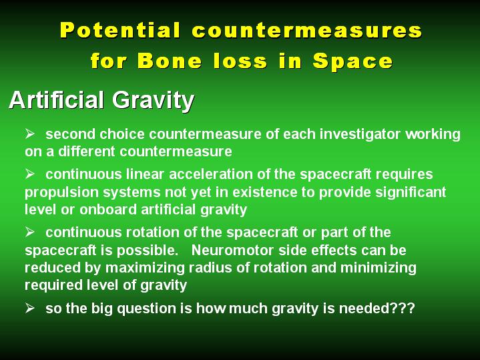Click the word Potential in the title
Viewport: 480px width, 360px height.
pos(120,30)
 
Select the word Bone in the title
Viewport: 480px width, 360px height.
pos(170,60)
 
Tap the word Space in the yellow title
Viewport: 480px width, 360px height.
pos(352,61)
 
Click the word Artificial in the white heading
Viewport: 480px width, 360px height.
pos(56,100)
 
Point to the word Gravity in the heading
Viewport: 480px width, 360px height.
pos(153,101)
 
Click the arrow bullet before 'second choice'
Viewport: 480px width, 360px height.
pos(29,134)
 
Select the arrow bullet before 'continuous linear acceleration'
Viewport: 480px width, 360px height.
pos(29,174)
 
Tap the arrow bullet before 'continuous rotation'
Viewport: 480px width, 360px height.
pos(29,232)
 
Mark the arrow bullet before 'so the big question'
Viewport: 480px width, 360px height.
pos(29,308)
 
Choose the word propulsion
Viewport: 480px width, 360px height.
pos(61,193)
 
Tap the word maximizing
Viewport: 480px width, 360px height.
pos(145,268)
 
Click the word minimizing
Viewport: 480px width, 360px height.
pos(379,268)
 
